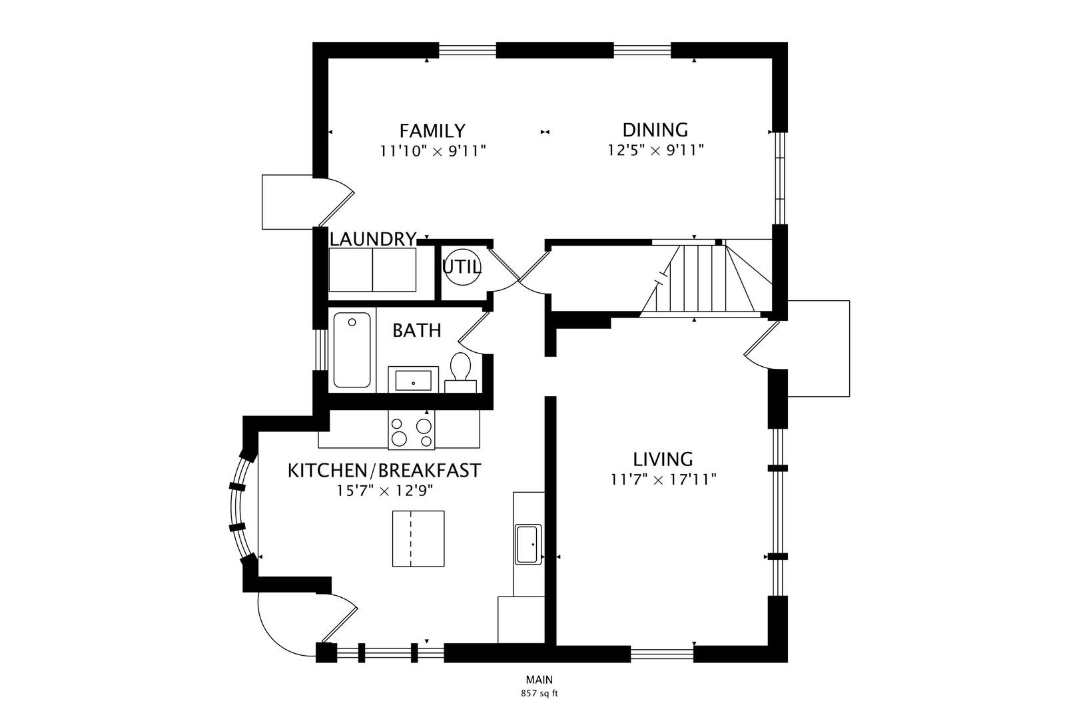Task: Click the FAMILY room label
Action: tap(432, 130)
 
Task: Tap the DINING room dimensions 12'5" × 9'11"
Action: tap(655, 150)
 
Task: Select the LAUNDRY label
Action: tap(373, 238)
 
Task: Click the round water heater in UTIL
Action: tap(461, 267)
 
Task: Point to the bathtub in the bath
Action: tap(352, 350)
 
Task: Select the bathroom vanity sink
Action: tap(413, 381)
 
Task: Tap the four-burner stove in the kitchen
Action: tap(411, 431)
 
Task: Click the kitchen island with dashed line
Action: tap(418, 539)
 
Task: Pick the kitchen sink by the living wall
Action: tap(529, 544)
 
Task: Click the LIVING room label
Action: tap(663, 459)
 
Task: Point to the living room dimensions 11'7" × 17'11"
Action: tap(663, 479)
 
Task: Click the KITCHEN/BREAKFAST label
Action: tap(384, 471)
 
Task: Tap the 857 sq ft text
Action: tap(539, 693)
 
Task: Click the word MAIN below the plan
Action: tap(539, 680)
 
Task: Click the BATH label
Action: tap(416, 330)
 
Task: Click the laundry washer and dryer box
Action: tap(372, 269)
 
